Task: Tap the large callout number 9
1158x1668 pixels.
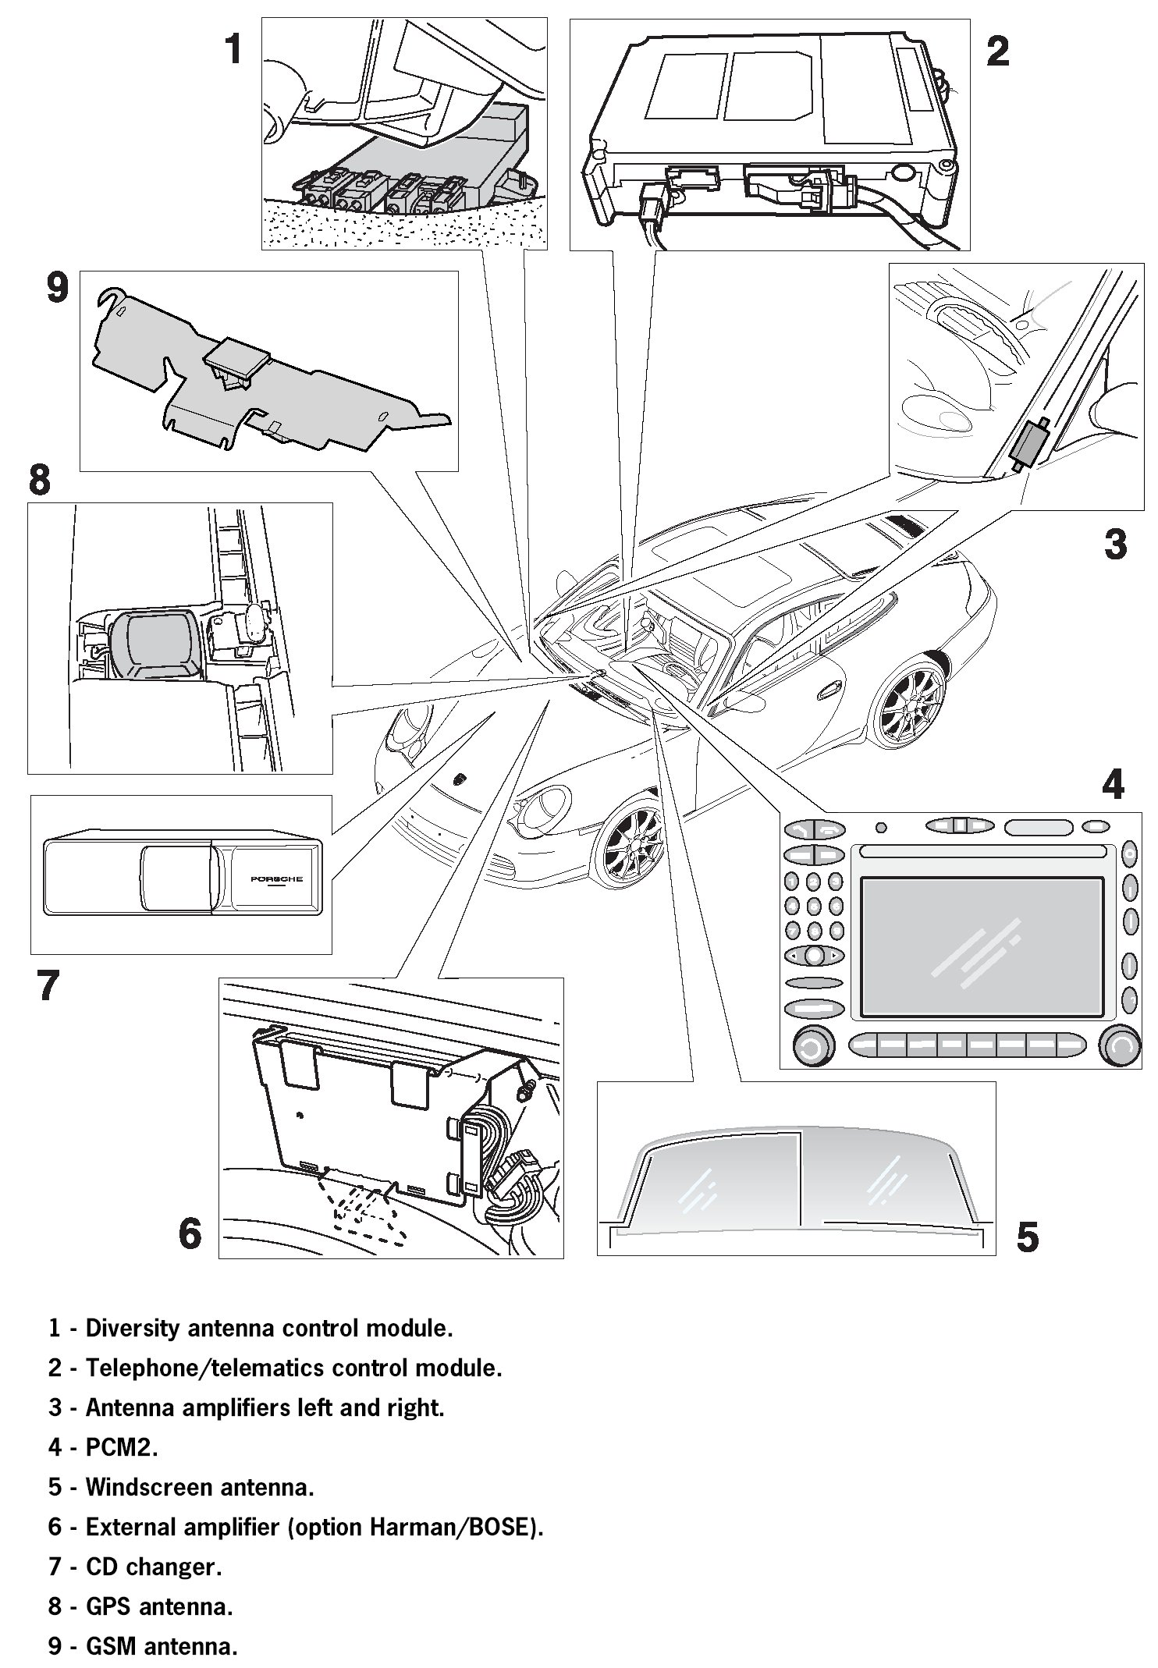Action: [x=58, y=288]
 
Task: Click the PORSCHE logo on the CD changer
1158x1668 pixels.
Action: [x=276, y=879]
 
